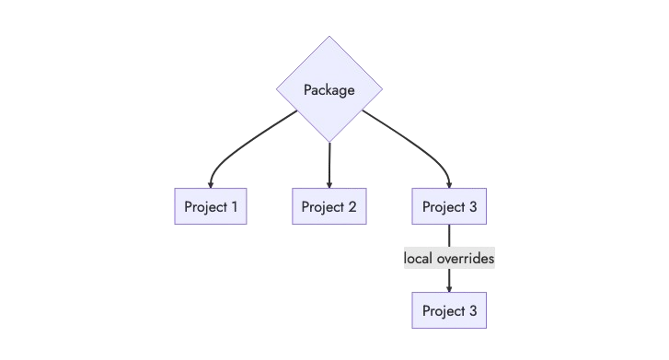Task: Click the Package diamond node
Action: (x=329, y=89)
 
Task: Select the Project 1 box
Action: (x=211, y=206)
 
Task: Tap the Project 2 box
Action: (x=329, y=206)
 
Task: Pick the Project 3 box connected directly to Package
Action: (x=449, y=206)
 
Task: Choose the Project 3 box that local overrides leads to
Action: (x=449, y=311)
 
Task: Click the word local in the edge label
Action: (x=419, y=259)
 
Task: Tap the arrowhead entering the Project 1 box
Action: (x=211, y=184)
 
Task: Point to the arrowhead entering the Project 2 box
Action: (x=329, y=184)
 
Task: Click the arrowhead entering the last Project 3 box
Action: (x=449, y=289)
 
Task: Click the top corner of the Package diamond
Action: (x=329, y=37)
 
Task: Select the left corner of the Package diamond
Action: (x=277, y=89)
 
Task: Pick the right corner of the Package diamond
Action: (x=382, y=89)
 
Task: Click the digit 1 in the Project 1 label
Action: (x=234, y=206)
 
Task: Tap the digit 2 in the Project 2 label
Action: (x=352, y=206)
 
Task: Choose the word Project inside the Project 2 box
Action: (x=321, y=206)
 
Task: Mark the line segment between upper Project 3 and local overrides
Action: (x=449, y=237)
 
